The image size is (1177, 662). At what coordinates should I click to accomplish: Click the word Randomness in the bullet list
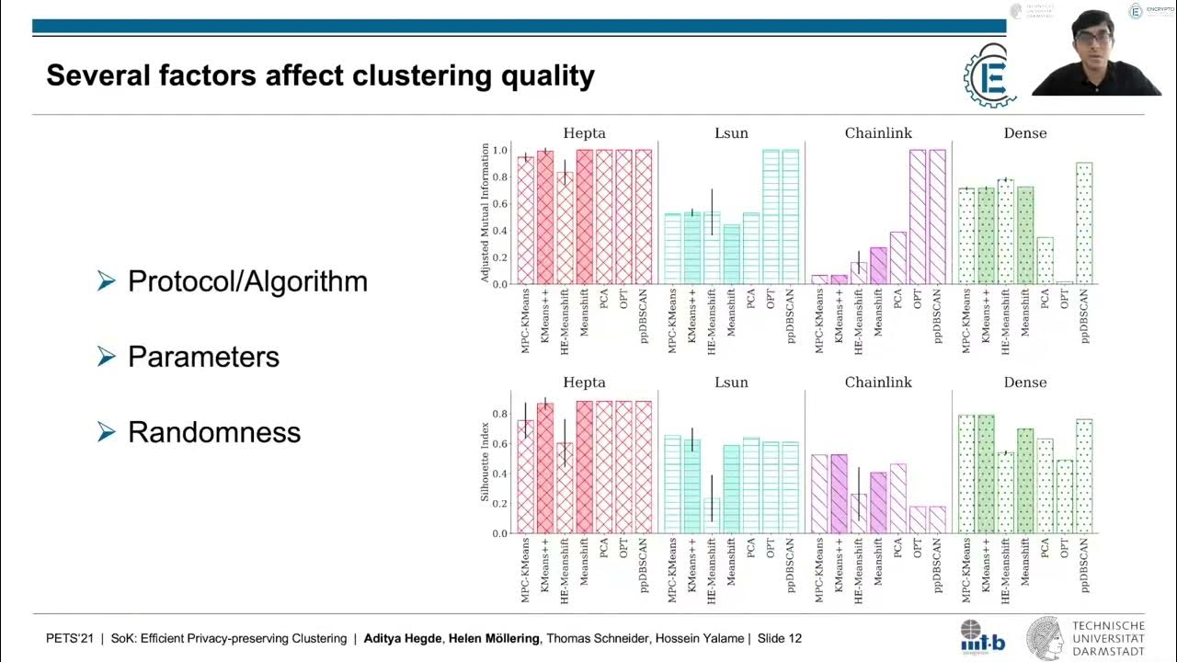tap(214, 432)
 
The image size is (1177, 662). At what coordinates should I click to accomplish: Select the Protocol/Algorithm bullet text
tap(247, 281)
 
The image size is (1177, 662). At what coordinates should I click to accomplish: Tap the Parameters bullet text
tap(203, 357)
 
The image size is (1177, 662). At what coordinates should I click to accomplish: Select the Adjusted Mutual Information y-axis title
tap(486, 212)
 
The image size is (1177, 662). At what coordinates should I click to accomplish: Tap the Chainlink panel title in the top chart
tap(878, 133)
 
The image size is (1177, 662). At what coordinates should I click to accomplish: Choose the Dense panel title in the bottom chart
tap(1025, 382)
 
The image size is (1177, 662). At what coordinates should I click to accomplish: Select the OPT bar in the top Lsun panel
tap(771, 217)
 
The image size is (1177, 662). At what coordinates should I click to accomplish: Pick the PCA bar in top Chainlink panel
tap(897, 257)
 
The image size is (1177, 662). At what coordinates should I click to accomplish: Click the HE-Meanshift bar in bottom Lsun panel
tap(712, 516)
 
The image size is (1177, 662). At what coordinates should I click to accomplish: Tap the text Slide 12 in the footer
tap(779, 638)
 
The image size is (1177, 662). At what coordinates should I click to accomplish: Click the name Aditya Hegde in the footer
tap(403, 638)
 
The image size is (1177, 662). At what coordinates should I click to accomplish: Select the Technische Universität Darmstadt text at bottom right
tap(1108, 638)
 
